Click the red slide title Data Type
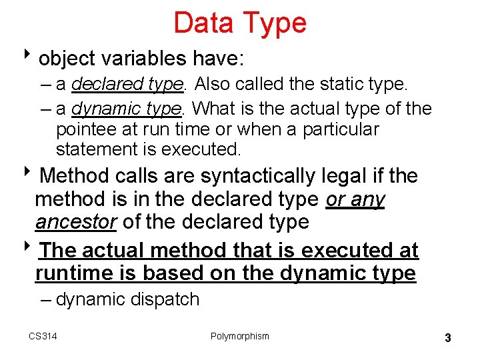coord(240,22)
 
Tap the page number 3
coord(448,338)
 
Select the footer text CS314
coord(43,336)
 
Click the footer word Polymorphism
coord(240,336)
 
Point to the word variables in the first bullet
coord(143,59)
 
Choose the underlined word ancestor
coord(75,222)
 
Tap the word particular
coord(340,129)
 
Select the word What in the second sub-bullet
coord(215,107)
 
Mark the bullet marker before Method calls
coord(33,175)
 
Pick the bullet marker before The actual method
coord(33,249)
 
